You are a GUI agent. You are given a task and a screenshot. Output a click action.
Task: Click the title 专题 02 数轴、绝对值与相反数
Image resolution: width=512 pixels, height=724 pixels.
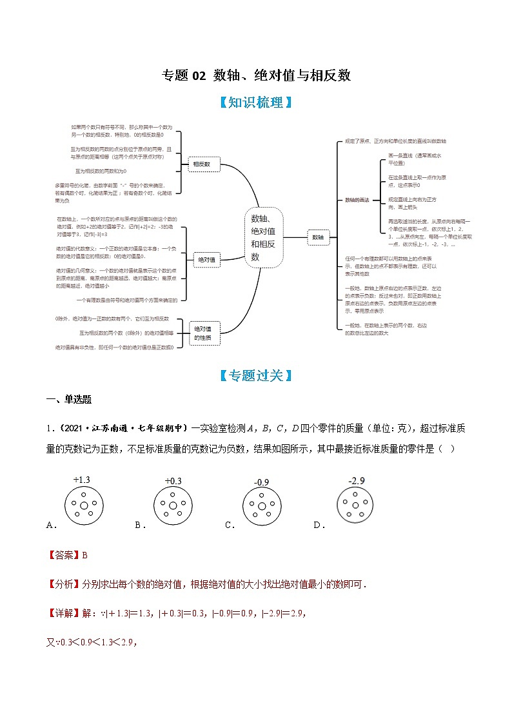256,75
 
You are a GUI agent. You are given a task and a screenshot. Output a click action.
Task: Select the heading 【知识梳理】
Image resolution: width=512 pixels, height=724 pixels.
256,103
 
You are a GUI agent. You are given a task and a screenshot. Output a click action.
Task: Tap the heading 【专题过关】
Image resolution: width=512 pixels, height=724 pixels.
256,375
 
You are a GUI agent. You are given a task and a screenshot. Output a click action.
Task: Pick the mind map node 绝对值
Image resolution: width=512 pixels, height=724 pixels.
206,260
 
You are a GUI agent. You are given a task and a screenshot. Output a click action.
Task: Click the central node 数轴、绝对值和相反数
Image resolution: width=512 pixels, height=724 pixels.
263,237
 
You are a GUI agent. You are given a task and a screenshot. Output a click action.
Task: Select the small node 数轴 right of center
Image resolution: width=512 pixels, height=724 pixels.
317,237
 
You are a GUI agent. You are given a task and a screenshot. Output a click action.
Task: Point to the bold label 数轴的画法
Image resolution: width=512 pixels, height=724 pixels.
357,200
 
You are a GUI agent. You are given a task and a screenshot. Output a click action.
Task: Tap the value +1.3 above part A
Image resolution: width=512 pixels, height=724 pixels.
82,480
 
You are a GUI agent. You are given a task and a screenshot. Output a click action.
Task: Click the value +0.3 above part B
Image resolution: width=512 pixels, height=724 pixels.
173,481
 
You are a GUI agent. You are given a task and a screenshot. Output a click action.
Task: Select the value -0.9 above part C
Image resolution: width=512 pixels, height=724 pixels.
261,482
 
